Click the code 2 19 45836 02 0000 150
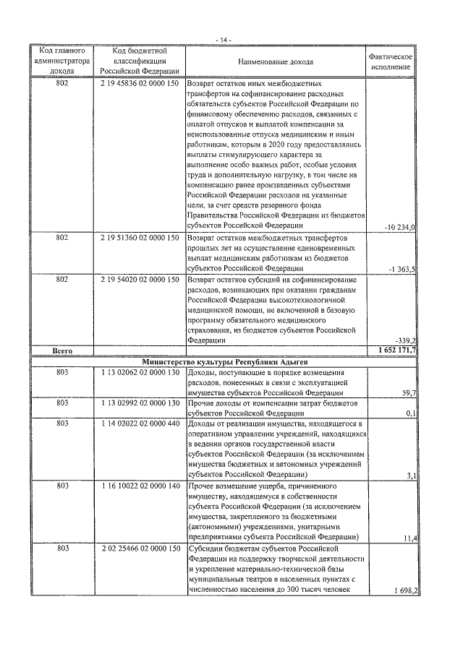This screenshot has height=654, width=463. [140, 84]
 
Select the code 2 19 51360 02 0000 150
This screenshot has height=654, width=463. [140, 237]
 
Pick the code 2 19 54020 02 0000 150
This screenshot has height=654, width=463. [140, 278]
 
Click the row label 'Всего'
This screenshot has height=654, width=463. [61, 350]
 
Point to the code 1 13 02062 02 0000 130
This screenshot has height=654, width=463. [140, 371]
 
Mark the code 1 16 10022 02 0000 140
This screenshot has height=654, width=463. [140, 486]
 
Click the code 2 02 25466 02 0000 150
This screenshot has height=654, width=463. [140, 549]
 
